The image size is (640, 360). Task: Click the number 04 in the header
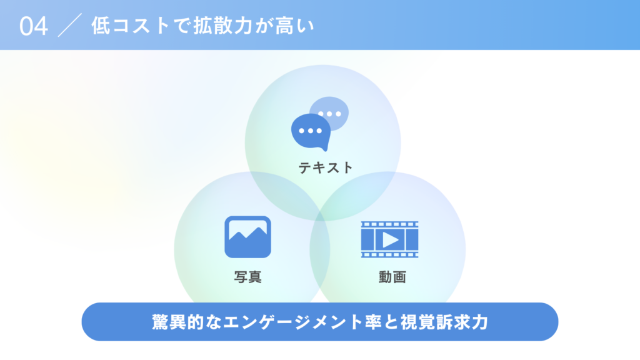pos(34,26)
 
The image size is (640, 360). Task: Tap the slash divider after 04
pos(70,25)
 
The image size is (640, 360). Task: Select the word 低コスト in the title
pos(130,26)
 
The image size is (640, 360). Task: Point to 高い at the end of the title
pos(295,26)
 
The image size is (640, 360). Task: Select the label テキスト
pos(325,167)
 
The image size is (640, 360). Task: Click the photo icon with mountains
pos(247,237)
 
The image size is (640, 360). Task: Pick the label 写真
pos(247,277)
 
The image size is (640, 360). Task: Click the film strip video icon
pos(389,239)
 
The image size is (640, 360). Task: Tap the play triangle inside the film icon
pos(390,239)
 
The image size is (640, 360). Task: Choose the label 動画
pos(392,277)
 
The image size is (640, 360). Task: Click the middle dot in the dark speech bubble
pos(311,131)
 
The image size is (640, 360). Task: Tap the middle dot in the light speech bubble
pos(329,114)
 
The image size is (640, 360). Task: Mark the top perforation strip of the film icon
pos(389,224)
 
